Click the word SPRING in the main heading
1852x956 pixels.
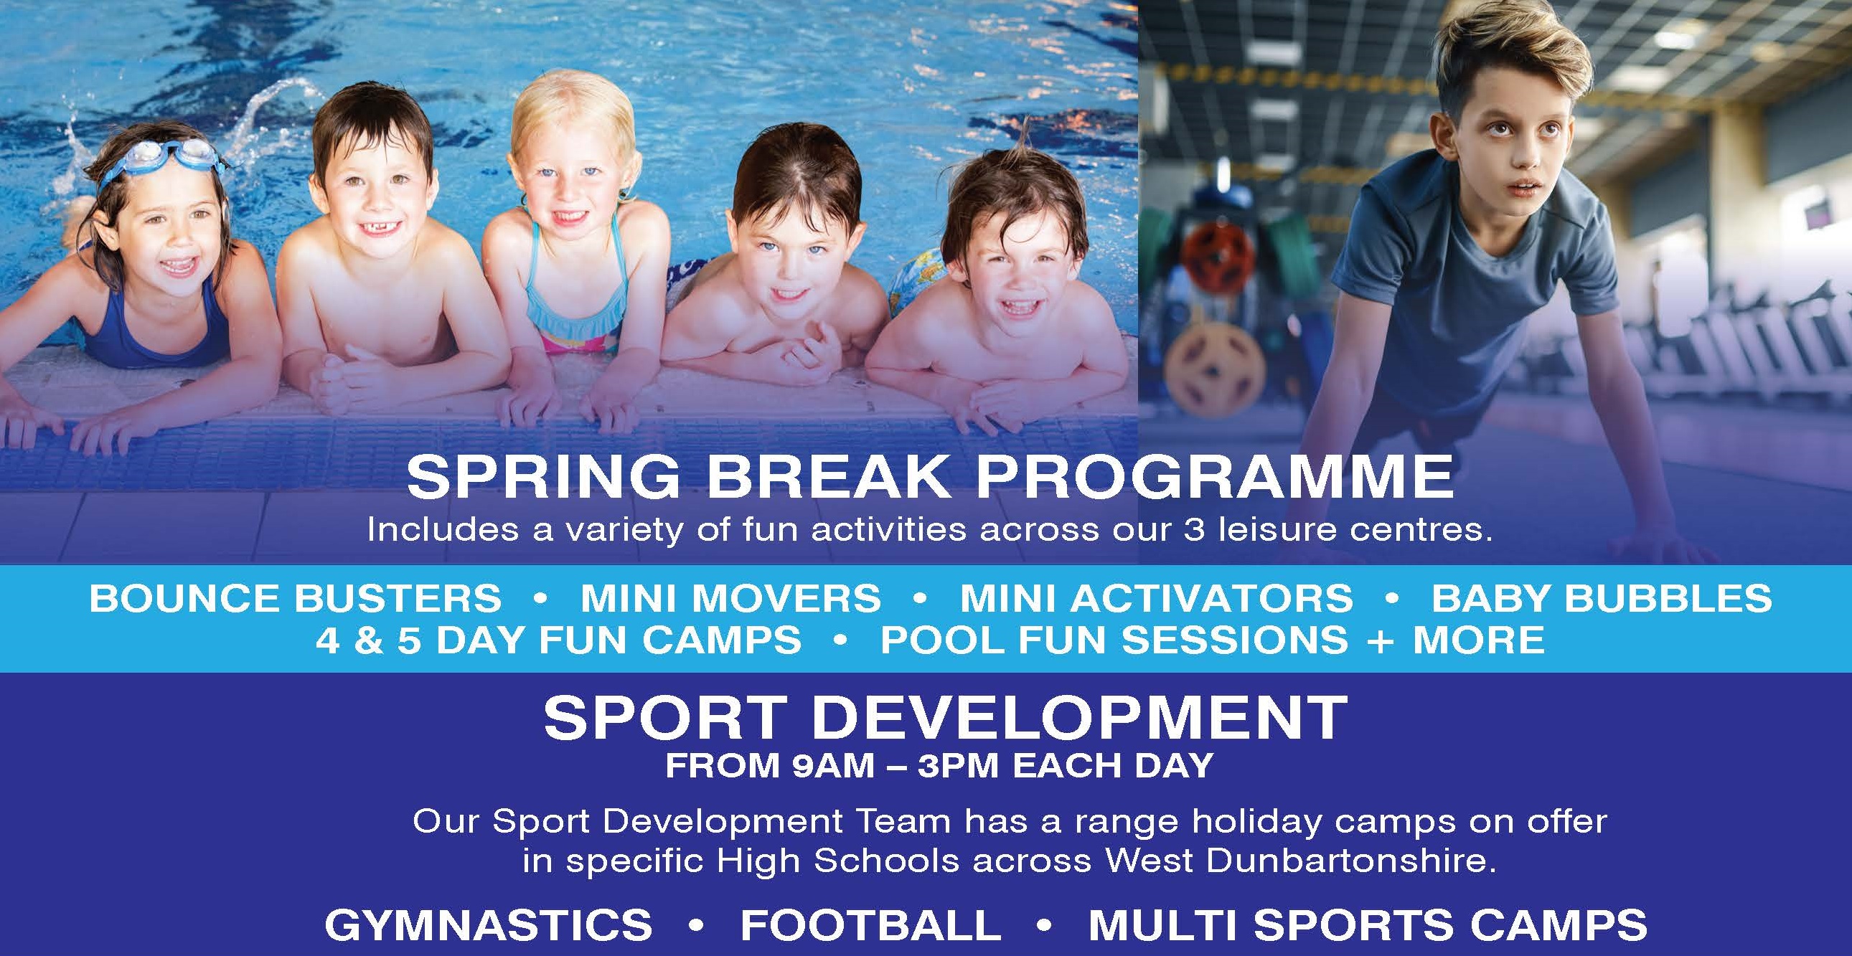(542, 477)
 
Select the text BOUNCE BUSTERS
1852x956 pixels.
(296, 599)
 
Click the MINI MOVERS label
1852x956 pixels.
(730, 599)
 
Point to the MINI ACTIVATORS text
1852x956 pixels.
(1156, 599)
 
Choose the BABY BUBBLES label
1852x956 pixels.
(1601, 599)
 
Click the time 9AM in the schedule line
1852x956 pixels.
(833, 766)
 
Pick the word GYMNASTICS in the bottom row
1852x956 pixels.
(488, 924)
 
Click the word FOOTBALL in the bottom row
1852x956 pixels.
(870, 924)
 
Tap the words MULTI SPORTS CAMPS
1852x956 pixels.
(1368, 924)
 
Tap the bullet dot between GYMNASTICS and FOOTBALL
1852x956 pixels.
(695, 926)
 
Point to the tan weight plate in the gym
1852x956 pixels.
(1216, 367)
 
